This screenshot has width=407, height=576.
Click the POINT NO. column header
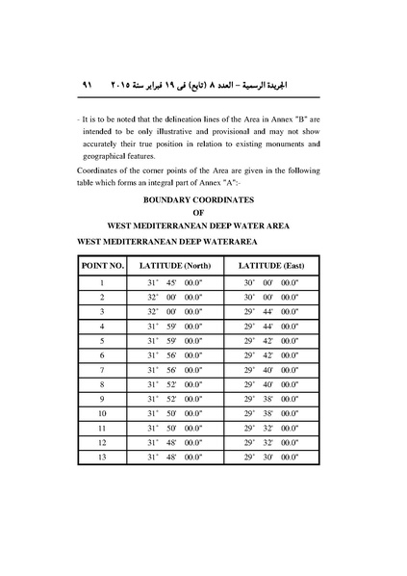[103, 263]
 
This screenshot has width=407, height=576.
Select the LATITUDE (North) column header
[174, 263]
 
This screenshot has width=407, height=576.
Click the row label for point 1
[102, 282]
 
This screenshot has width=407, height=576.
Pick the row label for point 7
[102, 370]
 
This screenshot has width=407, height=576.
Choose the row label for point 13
[102, 458]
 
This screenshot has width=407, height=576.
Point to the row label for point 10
[102, 413]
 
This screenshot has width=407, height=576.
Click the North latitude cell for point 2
[174, 297]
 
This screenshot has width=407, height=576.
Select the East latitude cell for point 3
[271, 311]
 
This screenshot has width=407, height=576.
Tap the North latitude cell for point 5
[174, 341]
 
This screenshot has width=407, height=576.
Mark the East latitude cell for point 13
[271, 458]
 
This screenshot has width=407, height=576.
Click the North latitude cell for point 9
[174, 399]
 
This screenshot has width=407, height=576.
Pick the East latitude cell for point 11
[271, 429]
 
